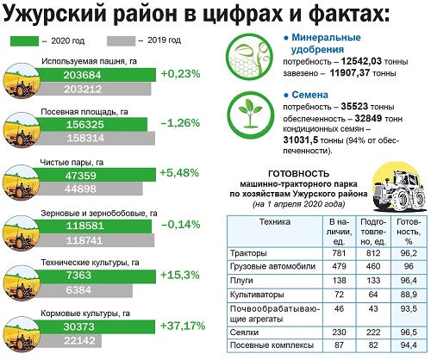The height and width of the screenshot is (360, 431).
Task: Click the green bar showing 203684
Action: point(97,75)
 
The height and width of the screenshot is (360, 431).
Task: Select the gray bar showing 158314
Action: point(97,139)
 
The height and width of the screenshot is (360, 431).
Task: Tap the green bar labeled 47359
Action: point(97,175)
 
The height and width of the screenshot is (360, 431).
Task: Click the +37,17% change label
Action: point(183,326)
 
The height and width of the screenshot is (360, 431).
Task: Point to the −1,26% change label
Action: point(180,123)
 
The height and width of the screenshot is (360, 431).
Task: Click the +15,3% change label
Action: point(180,275)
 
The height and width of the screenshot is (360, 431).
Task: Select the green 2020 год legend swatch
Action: point(24,41)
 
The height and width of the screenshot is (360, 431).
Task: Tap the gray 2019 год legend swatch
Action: point(121,41)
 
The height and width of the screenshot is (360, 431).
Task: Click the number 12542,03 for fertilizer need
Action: point(361,61)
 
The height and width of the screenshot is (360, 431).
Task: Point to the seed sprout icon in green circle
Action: point(251,115)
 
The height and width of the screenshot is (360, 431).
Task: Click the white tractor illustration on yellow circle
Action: point(400,187)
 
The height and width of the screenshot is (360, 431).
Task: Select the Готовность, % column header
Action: point(409,232)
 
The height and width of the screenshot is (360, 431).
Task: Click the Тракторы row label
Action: point(248,253)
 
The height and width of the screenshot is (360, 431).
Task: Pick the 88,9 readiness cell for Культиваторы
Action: point(409,295)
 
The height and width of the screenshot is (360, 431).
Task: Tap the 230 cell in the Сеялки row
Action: point(339,332)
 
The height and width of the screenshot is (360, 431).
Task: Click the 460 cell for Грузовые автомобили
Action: point(373,266)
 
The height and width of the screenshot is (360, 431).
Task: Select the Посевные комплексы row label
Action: point(272,345)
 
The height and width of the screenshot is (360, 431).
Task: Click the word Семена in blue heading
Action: point(309,95)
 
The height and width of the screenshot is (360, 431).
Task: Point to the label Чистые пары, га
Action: point(72,163)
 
